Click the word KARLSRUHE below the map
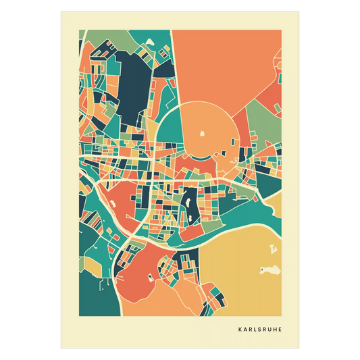click(260, 330)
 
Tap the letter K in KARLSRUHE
click(240, 330)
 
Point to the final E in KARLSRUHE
click(280, 330)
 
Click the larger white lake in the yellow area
click(269, 271)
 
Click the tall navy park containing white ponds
click(188, 203)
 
